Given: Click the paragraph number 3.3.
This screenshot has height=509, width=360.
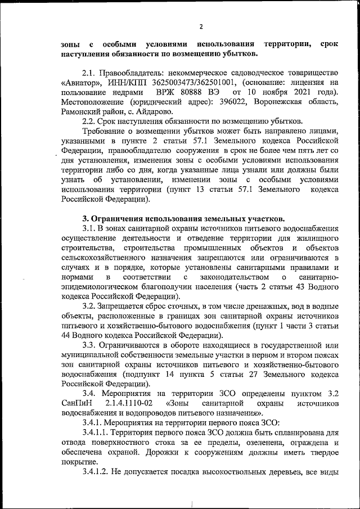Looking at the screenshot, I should pos(90,345).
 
